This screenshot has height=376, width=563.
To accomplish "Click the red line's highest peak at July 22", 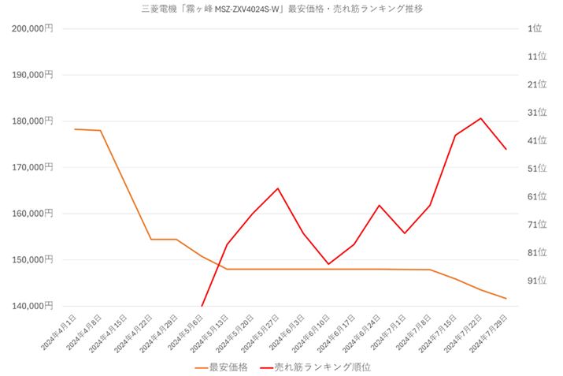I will (x=480, y=118).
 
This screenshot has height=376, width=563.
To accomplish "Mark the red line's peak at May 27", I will (x=278, y=188).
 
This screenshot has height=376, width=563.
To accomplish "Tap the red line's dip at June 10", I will (x=328, y=264).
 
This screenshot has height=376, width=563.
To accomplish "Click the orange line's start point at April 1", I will (x=75, y=128).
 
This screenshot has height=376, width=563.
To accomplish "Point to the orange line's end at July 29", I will (x=506, y=299).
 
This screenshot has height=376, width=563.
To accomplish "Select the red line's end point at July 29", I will (x=506, y=149).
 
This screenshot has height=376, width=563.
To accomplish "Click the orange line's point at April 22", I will (x=151, y=239).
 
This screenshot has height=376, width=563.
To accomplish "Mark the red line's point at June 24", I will (x=380, y=205).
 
